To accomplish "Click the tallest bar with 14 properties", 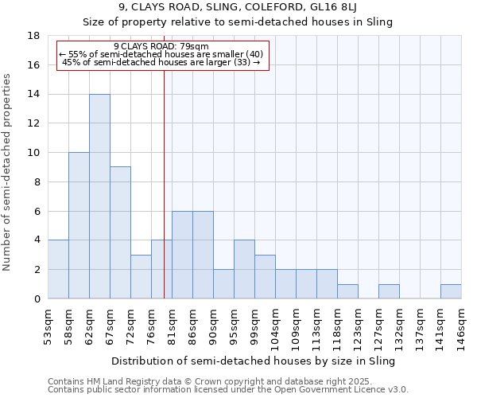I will coord(99,197).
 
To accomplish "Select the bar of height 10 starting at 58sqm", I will coord(79,225).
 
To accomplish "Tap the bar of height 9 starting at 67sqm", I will coord(120,232).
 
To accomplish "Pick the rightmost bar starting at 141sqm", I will coord(451,291).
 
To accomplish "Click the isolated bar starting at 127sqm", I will coord(389,291).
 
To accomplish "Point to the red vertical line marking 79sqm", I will coord(164,183).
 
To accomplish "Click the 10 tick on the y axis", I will coord(33,153).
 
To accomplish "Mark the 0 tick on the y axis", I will coord(37,298).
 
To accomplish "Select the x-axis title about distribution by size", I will coord(253,361).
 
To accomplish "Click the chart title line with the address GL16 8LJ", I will coord(238,7).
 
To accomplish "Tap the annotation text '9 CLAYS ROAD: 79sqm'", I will coord(161,46).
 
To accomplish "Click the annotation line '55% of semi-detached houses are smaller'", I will coord(161,54).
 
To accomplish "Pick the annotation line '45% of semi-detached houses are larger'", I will coord(161,62).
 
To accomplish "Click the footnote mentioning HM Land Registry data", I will coord(227,381).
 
